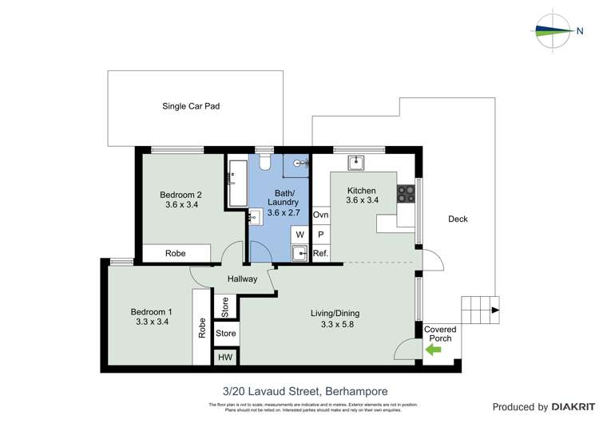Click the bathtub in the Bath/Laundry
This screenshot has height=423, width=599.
tap(237, 183)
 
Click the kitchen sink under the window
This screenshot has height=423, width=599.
tap(356, 163)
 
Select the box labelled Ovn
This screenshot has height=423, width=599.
tap(321, 215)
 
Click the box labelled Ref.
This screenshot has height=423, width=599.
tap(321, 254)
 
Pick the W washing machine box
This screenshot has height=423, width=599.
tap(300, 235)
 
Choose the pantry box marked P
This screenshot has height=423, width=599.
tap(321, 235)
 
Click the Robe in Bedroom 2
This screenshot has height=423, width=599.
tap(177, 253)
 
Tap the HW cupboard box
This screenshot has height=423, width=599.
tap(226, 358)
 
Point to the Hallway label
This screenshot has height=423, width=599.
tap(242, 279)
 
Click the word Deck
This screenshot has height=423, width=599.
tap(458, 219)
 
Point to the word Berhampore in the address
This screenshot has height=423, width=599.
tap(351, 390)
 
